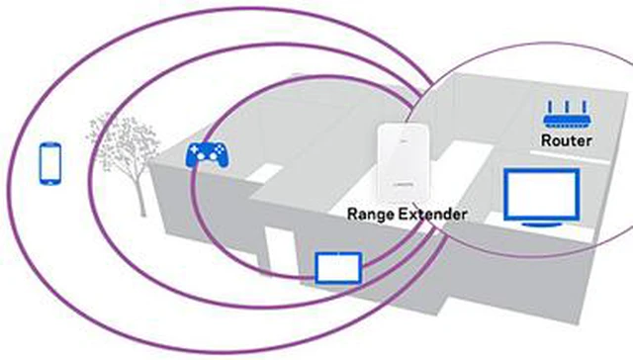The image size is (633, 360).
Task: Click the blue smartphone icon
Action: coord(50,163)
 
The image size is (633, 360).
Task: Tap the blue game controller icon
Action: coord(207,154)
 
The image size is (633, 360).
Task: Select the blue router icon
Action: coord(567,115)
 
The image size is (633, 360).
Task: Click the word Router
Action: coord(567,140)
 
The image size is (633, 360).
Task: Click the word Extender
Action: coord(431,214)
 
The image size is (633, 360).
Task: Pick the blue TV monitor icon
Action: coord(542,198)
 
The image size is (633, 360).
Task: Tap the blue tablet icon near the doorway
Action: coord(338,268)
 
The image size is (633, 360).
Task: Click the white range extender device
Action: coord(403,162)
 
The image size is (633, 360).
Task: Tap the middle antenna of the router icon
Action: coord(567,107)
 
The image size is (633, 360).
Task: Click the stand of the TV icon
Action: coord(542,224)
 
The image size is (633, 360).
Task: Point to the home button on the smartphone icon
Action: coord(50,182)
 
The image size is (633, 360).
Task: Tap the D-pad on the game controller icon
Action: coord(195,149)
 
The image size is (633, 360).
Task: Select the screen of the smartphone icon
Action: coord(50,162)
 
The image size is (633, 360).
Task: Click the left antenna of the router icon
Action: coord(550,107)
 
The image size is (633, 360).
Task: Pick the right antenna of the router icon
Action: coord(585,107)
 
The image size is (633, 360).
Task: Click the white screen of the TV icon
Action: coord(542,195)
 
